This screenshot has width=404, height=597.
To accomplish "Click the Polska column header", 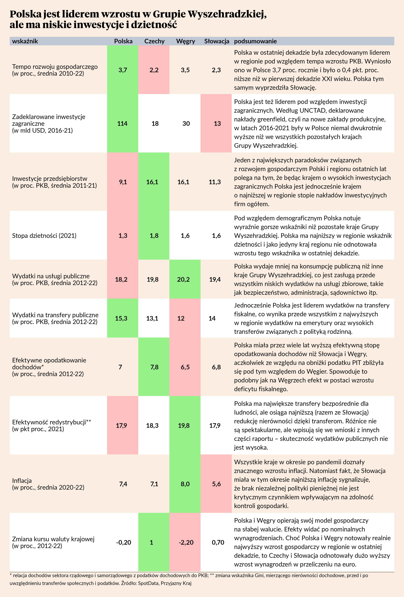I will coord(123,41).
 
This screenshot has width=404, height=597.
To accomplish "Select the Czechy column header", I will coord(154,41).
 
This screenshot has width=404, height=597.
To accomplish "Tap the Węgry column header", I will coord(185,41).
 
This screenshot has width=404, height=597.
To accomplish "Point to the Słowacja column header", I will coord(216,41).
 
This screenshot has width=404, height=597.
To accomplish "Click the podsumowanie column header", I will coord(255,41).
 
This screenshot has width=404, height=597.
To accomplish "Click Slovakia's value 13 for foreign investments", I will coord(217,124).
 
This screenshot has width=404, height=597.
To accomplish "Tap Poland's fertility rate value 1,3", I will coord(123,236).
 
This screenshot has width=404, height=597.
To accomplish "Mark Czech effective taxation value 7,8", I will coord(154,367).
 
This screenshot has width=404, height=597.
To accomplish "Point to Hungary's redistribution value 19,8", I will coord(184,425).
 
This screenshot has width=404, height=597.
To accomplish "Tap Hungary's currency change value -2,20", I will coord(186,542).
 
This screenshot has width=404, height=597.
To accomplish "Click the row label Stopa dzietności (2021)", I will coord(44,236).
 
